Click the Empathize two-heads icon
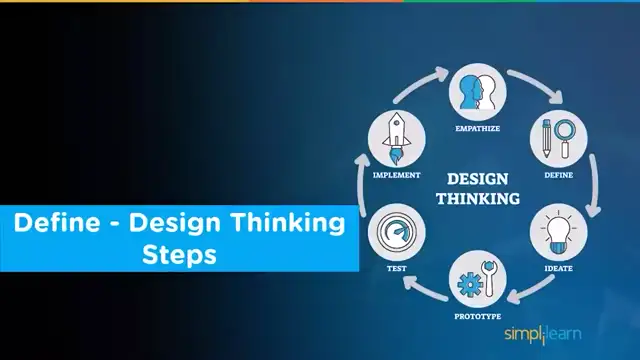(477, 93)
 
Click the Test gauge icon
(396, 233)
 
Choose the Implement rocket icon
(396, 140)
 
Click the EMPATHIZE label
(477, 128)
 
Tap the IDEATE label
(558, 268)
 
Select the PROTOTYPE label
(477, 316)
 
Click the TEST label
(396, 268)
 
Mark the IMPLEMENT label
(396, 175)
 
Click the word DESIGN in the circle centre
(477, 179)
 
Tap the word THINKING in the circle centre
(477, 199)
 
